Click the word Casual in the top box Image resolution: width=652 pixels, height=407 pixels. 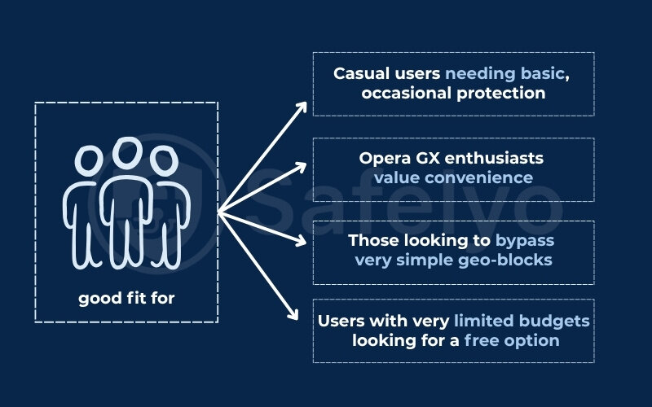coord(359,73)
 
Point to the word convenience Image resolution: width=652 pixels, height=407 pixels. coord(487,177)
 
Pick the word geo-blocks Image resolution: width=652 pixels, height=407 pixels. coord(509,260)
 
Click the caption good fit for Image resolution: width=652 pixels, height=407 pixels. coord(126,299)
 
